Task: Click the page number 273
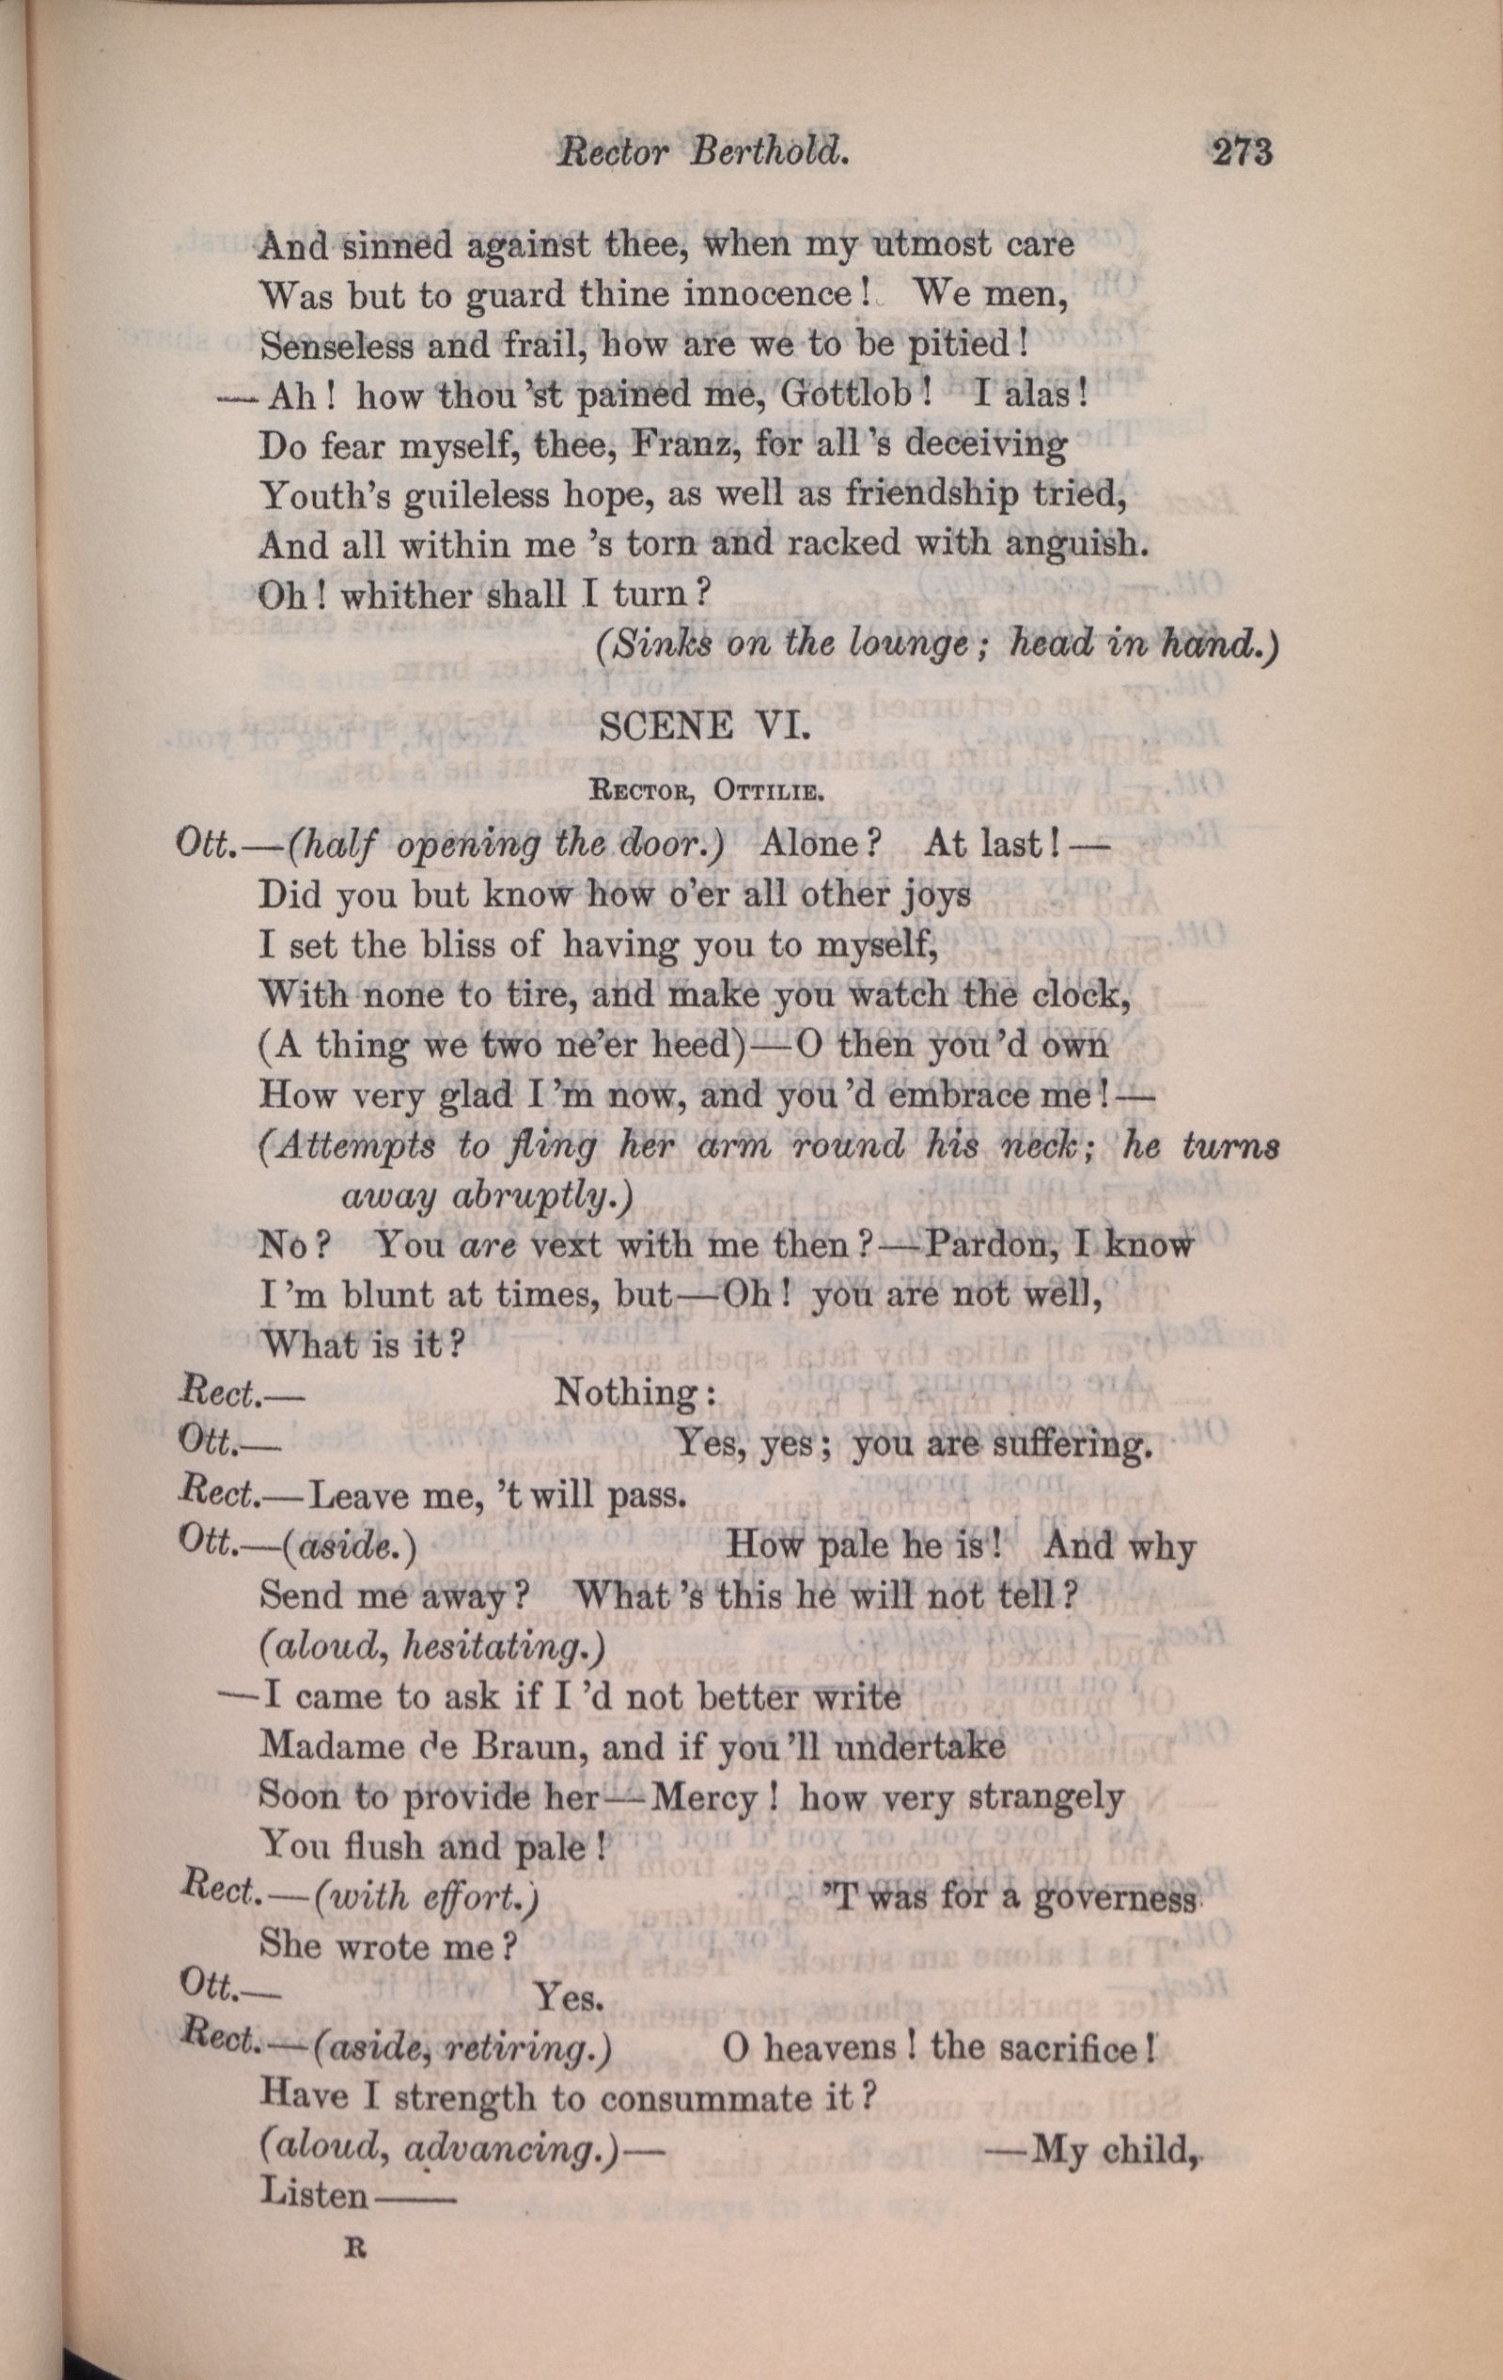click(1240, 153)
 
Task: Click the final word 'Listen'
click(312, 2197)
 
